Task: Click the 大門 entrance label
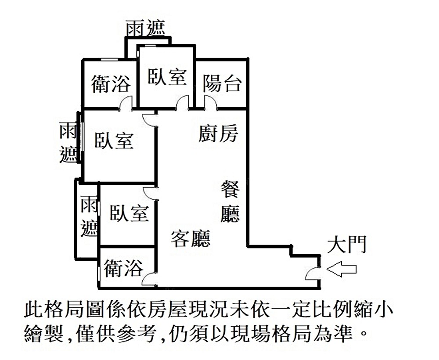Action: click(346, 245)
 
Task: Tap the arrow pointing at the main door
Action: click(342, 269)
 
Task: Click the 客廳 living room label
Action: click(190, 238)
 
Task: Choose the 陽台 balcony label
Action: click(222, 83)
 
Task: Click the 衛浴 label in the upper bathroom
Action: click(111, 83)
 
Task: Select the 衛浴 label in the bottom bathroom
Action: click(124, 268)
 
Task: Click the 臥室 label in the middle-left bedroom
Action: click(114, 141)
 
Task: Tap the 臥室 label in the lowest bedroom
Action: click(129, 213)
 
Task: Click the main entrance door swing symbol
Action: click(313, 273)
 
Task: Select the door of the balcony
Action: click(210, 104)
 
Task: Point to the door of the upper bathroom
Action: click(126, 104)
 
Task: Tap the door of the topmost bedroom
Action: click(183, 104)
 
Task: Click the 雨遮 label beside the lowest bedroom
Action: click(89, 216)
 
